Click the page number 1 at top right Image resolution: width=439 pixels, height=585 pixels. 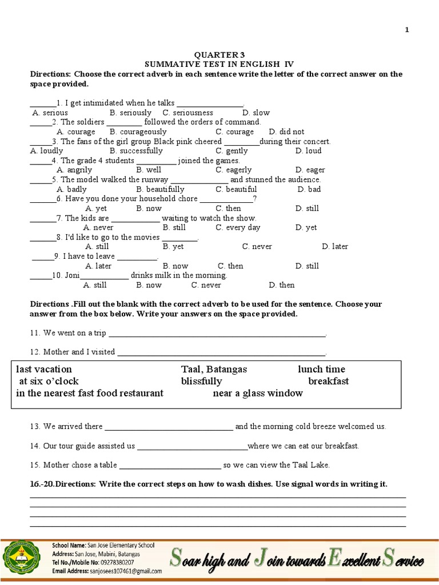[407, 30]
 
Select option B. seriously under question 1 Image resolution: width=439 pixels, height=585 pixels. [130, 113]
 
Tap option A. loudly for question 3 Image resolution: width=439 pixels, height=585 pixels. [47, 151]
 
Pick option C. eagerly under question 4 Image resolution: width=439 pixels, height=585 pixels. [233, 170]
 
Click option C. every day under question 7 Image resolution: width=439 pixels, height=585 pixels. [238, 227]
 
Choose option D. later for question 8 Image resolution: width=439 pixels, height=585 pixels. [335, 247]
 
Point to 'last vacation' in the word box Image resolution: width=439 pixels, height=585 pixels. [44, 369]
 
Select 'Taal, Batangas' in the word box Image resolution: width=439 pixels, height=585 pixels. [214, 369]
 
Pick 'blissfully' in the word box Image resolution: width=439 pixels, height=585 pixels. [201, 381]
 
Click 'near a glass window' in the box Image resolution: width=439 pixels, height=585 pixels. [258, 393]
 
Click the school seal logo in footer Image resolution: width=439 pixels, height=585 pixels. [23, 558]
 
